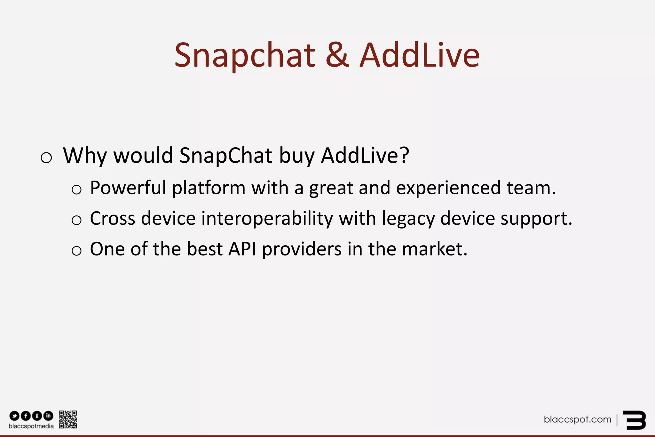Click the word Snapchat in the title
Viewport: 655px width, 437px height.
[245, 56]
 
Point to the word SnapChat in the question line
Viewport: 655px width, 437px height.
[226, 156]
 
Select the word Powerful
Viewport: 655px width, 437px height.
[128, 188]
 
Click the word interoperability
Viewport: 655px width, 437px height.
[267, 219]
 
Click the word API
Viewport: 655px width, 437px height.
[242, 249]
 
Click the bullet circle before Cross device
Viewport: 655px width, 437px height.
[76, 220]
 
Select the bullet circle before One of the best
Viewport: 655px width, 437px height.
[76, 251]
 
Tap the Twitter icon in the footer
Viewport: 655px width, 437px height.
[14, 416]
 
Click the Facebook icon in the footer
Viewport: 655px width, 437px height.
[26, 416]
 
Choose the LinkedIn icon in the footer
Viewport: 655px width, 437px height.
[48, 416]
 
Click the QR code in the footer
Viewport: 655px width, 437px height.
[68, 419]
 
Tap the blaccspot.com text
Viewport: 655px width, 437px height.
[577, 419]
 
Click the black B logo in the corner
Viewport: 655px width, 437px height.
[635, 420]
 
